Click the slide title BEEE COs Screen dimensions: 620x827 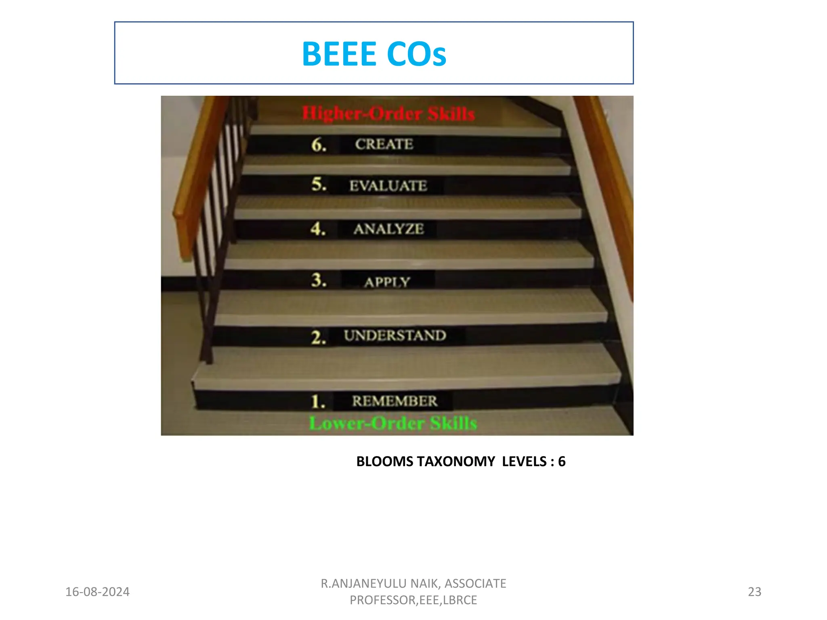tap(374, 54)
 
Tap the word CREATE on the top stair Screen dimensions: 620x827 tap(384, 144)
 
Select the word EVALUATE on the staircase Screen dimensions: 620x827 tap(388, 186)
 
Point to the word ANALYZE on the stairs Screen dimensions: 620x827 tap(388, 229)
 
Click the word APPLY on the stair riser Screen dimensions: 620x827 tap(387, 282)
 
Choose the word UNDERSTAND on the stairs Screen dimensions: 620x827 tap(395, 335)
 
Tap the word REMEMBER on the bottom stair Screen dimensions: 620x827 tap(395, 401)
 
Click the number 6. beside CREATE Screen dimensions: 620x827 tap(319, 145)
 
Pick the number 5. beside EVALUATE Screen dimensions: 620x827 tap(319, 184)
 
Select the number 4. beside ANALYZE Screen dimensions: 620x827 tap(318, 228)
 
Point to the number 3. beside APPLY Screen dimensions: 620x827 tap(319, 280)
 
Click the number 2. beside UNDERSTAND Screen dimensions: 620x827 tap(318, 337)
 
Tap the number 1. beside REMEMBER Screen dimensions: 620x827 tap(318, 402)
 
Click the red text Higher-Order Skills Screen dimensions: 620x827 tap(388, 113)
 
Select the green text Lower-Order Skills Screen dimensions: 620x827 tap(393, 423)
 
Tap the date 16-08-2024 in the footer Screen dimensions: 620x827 tap(97, 592)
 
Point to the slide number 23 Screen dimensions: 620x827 tap(754, 592)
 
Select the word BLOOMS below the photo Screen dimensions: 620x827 tap(384, 461)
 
